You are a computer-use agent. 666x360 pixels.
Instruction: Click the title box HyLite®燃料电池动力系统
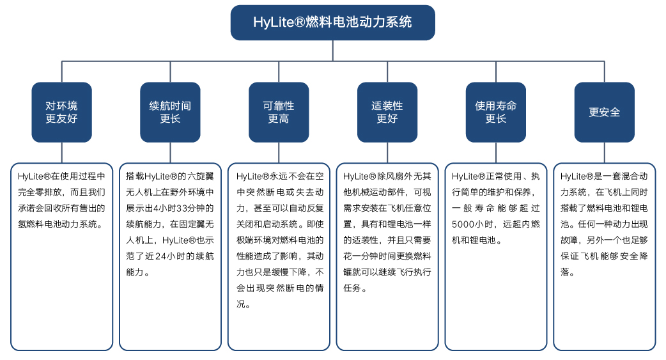click(332, 22)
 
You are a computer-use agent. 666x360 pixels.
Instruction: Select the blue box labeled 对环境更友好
click(61, 112)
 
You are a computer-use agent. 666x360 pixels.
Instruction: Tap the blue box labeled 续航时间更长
click(170, 112)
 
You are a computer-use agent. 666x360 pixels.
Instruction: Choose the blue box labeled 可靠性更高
click(279, 112)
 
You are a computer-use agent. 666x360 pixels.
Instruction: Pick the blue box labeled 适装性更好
click(387, 112)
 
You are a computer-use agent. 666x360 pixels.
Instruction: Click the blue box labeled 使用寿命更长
click(496, 112)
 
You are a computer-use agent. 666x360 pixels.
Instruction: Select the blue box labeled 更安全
click(605, 112)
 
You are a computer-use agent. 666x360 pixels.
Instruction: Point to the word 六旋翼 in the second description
click(203, 175)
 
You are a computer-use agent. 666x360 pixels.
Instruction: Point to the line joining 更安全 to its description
click(605, 152)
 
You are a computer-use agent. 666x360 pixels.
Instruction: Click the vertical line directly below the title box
click(332, 51)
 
